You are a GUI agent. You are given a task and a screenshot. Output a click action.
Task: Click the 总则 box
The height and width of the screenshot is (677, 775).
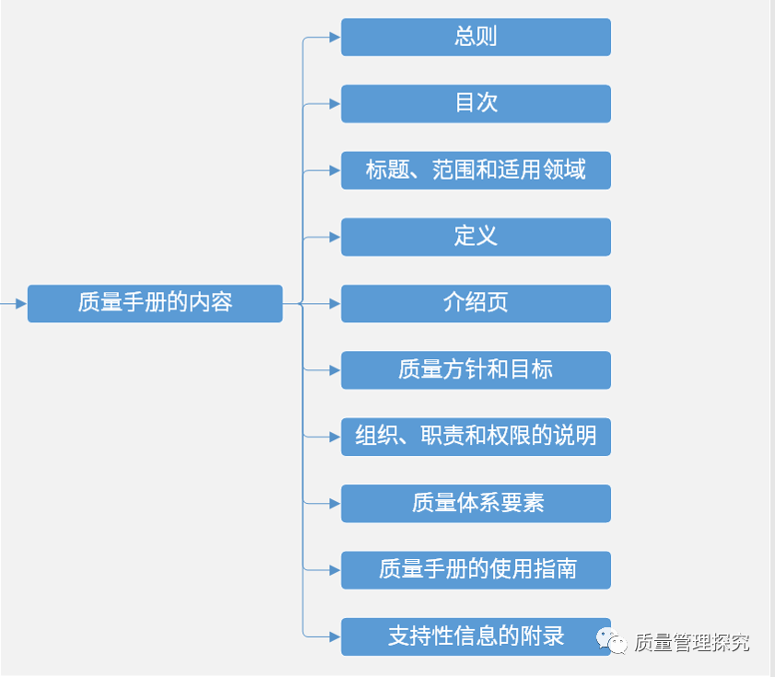tap(476, 37)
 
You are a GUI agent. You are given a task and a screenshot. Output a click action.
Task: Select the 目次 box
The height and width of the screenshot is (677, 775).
tap(476, 103)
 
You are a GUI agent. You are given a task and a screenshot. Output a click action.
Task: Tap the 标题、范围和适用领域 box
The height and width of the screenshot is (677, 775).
tap(476, 170)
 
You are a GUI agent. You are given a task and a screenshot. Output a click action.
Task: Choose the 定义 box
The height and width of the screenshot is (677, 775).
tap(476, 237)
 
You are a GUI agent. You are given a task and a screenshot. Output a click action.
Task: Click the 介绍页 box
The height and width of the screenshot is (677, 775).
tap(476, 303)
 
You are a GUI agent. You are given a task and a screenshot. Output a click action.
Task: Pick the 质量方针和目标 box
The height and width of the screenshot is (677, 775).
tap(476, 370)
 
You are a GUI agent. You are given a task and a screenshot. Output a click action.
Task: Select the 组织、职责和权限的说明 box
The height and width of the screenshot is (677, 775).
tap(476, 437)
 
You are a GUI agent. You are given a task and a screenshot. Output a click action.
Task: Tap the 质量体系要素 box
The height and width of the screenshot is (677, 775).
tap(476, 503)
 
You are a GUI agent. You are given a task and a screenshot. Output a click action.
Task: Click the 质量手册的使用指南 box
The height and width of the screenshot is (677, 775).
tap(476, 570)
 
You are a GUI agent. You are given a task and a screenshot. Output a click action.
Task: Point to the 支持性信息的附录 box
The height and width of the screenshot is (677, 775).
tap(476, 636)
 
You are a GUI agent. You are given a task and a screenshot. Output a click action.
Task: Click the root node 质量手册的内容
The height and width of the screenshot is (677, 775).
tap(155, 303)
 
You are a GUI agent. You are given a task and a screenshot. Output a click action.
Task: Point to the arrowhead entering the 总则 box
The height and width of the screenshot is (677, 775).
tap(335, 38)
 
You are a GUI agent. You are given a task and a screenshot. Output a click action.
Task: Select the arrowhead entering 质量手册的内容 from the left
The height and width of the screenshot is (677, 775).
tap(21, 303)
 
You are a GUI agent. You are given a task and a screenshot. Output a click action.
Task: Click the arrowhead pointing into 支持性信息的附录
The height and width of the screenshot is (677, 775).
tap(335, 636)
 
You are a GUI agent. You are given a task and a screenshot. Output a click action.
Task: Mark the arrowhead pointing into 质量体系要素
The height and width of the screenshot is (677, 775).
tap(335, 504)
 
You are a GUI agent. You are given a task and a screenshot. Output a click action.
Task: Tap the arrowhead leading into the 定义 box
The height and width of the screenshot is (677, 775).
tap(335, 237)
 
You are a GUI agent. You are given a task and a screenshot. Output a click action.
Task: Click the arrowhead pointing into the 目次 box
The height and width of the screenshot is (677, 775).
tap(335, 104)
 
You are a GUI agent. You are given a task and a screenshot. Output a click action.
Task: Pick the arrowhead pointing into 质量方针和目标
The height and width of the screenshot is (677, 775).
tap(335, 370)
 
